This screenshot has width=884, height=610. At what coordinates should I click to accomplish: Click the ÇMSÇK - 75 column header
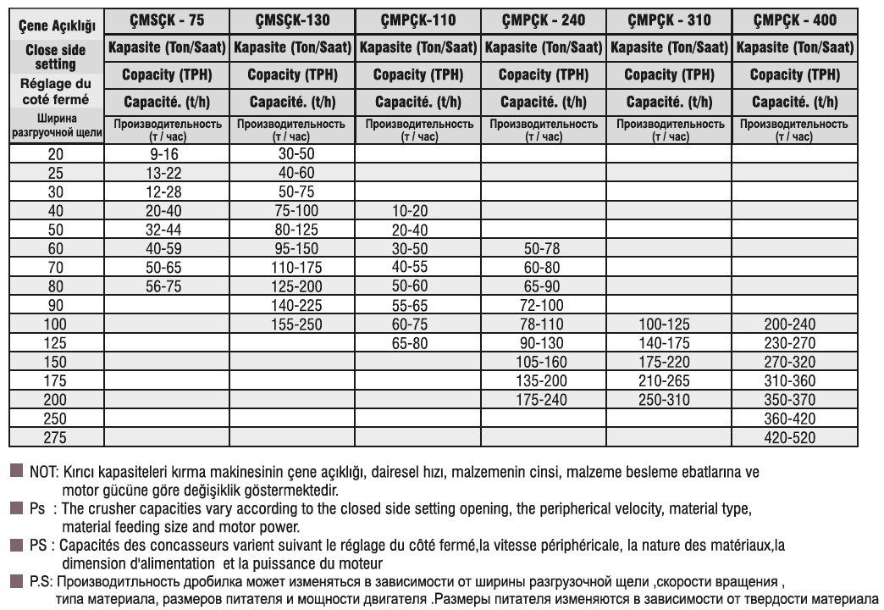coord(168,19)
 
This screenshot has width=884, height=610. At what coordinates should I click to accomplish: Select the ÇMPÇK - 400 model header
coord(794,19)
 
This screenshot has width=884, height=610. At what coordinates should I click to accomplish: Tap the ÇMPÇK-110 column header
coord(418,19)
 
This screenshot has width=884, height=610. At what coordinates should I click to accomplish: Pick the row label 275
coord(56,438)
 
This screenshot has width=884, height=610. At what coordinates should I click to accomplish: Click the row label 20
coord(56,154)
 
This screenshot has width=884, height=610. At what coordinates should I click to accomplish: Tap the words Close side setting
coord(56,57)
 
